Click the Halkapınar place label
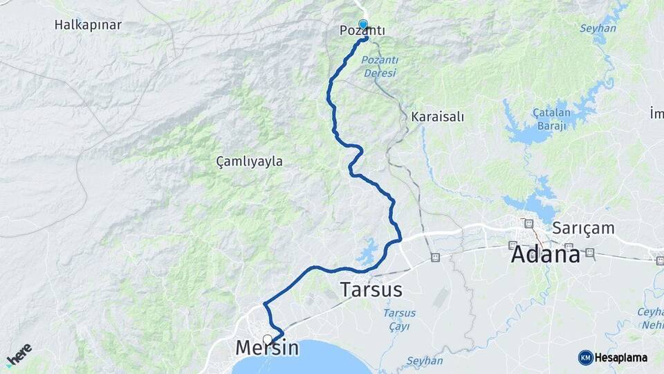[88, 25]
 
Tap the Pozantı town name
[362, 31]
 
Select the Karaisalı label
[437, 116]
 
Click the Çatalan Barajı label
[551, 119]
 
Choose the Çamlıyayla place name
[249, 161]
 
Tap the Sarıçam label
[578, 227]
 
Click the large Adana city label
[545, 254]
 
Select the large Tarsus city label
[371, 289]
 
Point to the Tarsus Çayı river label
[400, 319]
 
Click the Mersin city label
[267, 348]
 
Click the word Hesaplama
[620, 357]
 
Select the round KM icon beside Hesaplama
[585, 357]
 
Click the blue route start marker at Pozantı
[363, 25]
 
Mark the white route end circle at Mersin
[267, 339]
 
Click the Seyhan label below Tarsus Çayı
[424, 361]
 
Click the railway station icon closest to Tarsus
[434, 258]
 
